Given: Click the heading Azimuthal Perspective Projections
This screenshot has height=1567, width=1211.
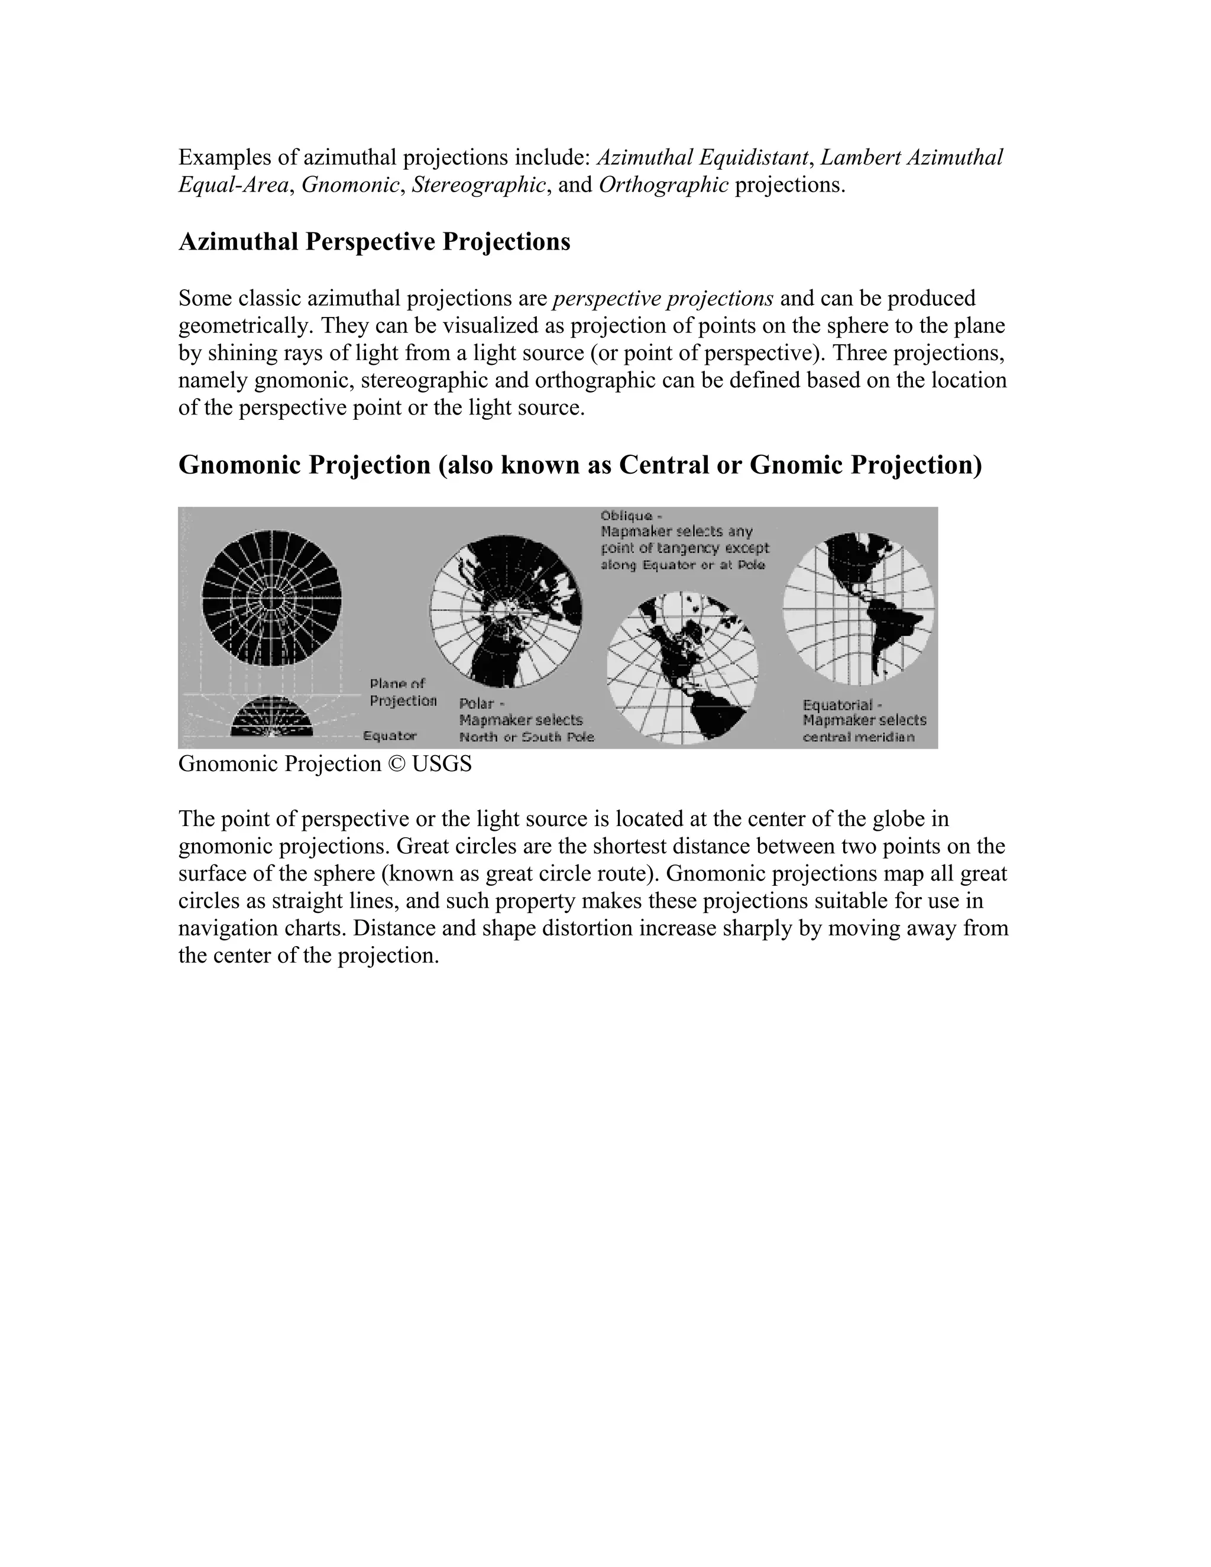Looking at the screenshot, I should point(374,242).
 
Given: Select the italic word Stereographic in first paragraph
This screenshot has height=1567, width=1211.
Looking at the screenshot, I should point(478,185).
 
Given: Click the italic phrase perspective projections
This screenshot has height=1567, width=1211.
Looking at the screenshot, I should point(663,298).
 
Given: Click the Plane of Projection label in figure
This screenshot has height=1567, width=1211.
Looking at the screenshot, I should point(403,692).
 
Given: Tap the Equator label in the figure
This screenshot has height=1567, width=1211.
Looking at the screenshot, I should point(390,736).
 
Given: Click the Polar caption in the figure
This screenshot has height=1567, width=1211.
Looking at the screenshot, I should point(526,720).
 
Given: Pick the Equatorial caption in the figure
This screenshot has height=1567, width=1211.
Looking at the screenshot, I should point(864,720).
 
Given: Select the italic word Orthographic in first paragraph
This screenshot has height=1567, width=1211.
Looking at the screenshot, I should point(663,185).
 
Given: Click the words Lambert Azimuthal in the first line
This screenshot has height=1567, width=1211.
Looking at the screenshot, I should point(911,157).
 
